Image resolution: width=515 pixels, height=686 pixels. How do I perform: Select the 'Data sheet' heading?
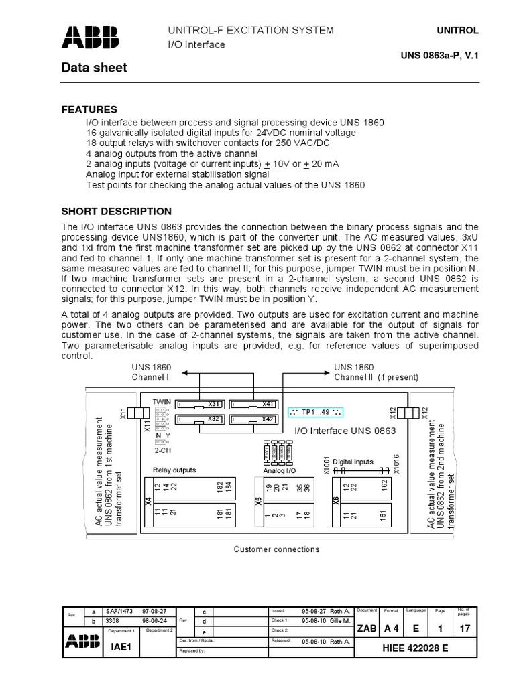(x=94, y=68)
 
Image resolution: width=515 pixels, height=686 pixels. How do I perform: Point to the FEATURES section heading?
(x=89, y=109)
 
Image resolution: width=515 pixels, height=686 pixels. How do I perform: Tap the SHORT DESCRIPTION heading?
(x=117, y=212)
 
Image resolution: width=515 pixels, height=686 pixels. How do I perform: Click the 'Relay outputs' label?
(x=174, y=470)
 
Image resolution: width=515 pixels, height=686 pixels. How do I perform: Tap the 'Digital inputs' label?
(x=353, y=462)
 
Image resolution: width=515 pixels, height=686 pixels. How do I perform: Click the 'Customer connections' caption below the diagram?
(x=276, y=549)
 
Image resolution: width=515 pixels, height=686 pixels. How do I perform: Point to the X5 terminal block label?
(x=258, y=500)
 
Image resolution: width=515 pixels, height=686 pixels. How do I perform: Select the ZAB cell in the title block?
(x=367, y=628)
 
